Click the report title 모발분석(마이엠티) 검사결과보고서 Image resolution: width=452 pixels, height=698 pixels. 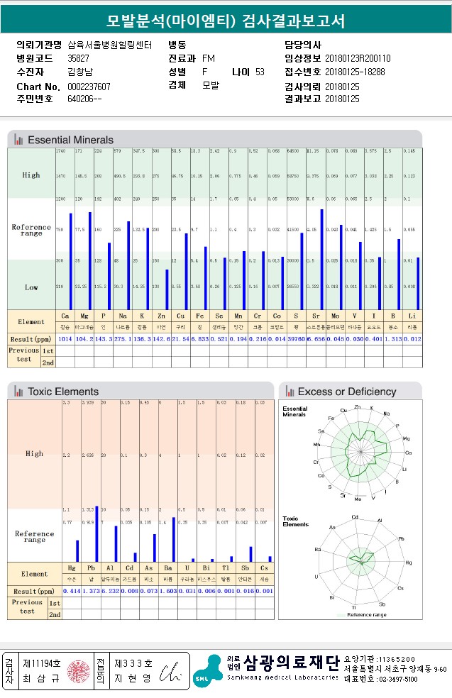(226, 21)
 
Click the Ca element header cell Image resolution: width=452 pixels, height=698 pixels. (65, 316)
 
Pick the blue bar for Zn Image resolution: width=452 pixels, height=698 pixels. (167, 289)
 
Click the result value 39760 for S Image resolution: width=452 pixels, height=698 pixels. (295, 339)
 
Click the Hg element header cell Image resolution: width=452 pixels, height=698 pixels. (72, 569)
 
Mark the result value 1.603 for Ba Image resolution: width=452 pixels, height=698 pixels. (168, 591)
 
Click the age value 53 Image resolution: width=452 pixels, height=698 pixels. (260, 72)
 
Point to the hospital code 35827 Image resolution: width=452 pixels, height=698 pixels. (78, 58)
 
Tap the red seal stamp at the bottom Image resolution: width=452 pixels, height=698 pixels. (77, 670)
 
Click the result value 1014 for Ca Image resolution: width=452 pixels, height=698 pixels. (65, 339)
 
